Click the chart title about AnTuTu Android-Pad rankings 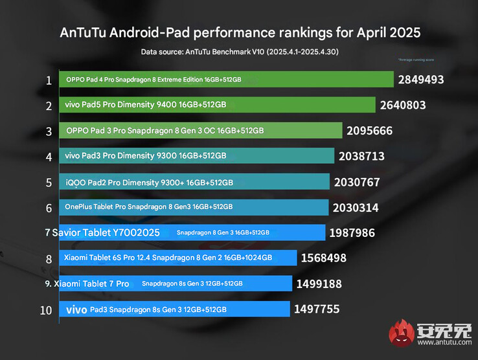click(x=240, y=32)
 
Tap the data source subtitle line click(x=239, y=51)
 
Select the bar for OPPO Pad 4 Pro click(x=226, y=80)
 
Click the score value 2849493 click(x=422, y=80)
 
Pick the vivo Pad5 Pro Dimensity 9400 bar click(x=217, y=105)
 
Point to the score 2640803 click(x=404, y=106)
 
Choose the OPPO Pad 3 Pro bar click(x=200, y=130)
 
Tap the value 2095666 click(x=369, y=131)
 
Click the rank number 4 click(x=49, y=156)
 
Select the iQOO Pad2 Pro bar click(x=194, y=182)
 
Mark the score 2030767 click(x=357, y=183)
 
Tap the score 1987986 click(x=352, y=232)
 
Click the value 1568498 click(x=324, y=258)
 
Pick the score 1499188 click(x=319, y=284)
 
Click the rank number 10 click(x=46, y=309)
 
